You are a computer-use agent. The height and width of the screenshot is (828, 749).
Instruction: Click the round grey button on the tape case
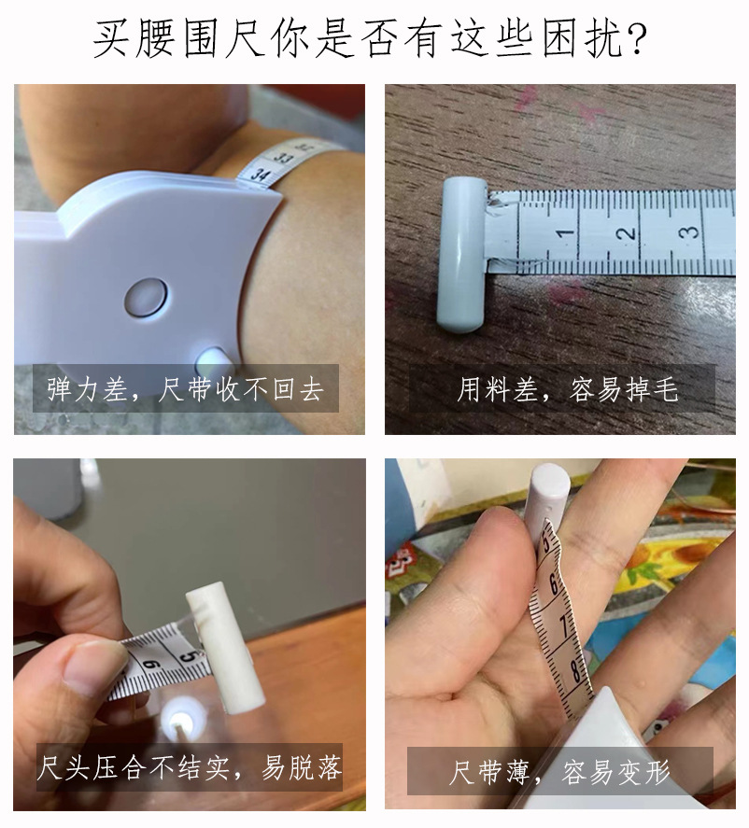(147, 298)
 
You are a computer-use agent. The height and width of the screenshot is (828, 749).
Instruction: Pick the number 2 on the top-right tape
(626, 232)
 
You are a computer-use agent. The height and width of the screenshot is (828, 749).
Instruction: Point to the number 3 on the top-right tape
(689, 232)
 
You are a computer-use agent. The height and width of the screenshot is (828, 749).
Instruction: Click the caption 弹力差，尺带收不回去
(185, 389)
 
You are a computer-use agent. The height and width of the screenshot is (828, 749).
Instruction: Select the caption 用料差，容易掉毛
(567, 389)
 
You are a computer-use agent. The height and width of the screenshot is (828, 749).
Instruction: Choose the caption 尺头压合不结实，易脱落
(190, 767)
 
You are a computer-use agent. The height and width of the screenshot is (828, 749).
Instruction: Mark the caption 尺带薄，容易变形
(559, 772)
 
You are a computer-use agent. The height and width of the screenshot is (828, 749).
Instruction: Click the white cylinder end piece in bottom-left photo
(226, 647)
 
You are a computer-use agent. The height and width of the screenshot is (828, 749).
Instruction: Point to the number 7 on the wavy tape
(565, 626)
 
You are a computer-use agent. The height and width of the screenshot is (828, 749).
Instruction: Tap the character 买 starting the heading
(110, 39)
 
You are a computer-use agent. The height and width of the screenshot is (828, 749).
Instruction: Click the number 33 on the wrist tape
(284, 159)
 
